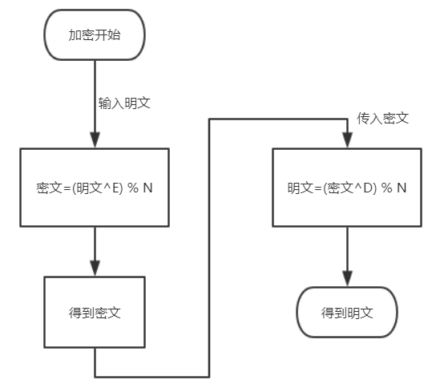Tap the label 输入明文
(125, 103)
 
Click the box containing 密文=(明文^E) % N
(95, 188)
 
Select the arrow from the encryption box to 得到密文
(95, 250)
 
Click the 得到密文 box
(95, 309)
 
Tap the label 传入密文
(383, 118)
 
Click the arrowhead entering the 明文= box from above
(346, 140)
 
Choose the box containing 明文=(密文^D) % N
(346, 188)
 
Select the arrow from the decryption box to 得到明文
(346, 255)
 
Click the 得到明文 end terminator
(346, 311)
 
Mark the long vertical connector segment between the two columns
(210, 249)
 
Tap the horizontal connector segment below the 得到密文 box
(152, 376)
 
